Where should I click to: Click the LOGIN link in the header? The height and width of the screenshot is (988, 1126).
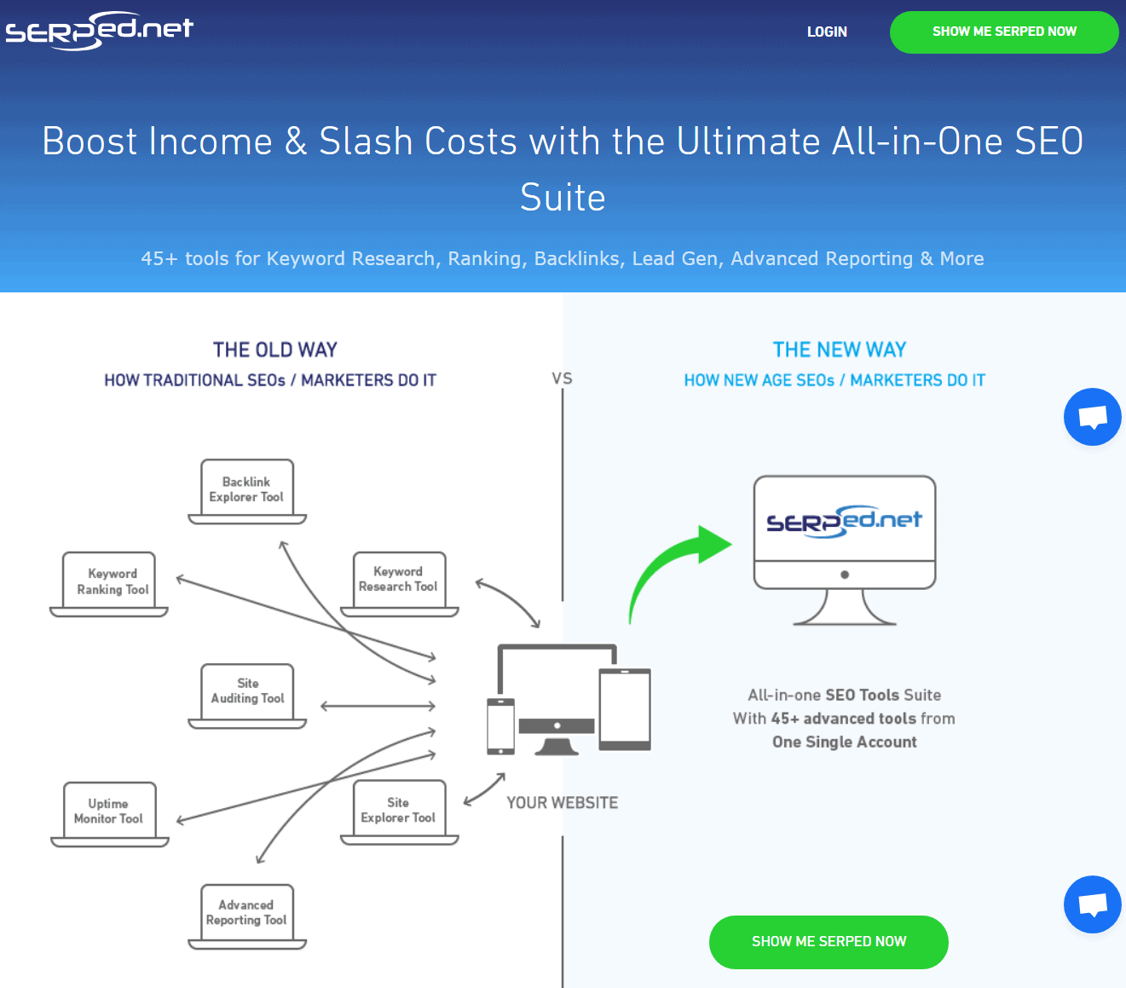tap(827, 32)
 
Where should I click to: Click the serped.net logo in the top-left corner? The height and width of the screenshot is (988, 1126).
tap(100, 31)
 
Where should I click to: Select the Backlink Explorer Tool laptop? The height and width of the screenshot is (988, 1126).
tap(246, 491)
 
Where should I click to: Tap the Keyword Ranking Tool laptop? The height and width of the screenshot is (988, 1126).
tap(112, 583)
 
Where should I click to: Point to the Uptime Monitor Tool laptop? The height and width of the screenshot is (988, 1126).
tap(109, 813)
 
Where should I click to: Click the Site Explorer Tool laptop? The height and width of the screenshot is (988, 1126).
tap(398, 812)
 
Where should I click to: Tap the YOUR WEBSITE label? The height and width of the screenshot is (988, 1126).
tap(563, 802)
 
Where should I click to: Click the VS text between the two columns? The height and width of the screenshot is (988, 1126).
tap(562, 378)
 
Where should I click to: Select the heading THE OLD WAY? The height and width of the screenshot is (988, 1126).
tap(274, 350)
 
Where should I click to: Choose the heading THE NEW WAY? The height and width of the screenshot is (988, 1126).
tap(840, 350)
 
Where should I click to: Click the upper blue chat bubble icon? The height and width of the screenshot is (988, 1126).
tap(1093, 417)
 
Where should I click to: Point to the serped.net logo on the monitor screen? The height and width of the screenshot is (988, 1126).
tap(844, 520)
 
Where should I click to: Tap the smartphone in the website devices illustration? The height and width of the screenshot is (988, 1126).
tap(500, 726)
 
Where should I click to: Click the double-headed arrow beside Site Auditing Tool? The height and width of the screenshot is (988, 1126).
tap(378, 706)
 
